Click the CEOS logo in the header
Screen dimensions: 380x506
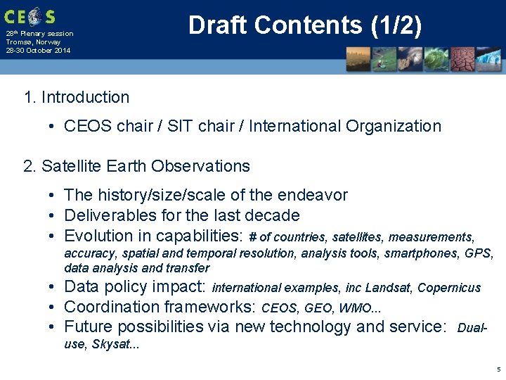click(29, 16)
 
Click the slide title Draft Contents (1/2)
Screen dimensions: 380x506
click(305, 25)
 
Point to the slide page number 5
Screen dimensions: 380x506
click(498, 369)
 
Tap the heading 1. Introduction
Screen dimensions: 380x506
click(77, 97)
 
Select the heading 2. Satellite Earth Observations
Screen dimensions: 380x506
click(136, 166)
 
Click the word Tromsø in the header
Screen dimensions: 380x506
click(19, 42)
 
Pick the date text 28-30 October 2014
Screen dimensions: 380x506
click(38, 51)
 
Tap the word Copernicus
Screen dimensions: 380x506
click(449, 288)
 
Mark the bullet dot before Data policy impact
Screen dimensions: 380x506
click(53, 287)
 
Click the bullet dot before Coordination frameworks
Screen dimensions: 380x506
click(53, 308)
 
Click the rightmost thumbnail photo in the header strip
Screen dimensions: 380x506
click(489, 61)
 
